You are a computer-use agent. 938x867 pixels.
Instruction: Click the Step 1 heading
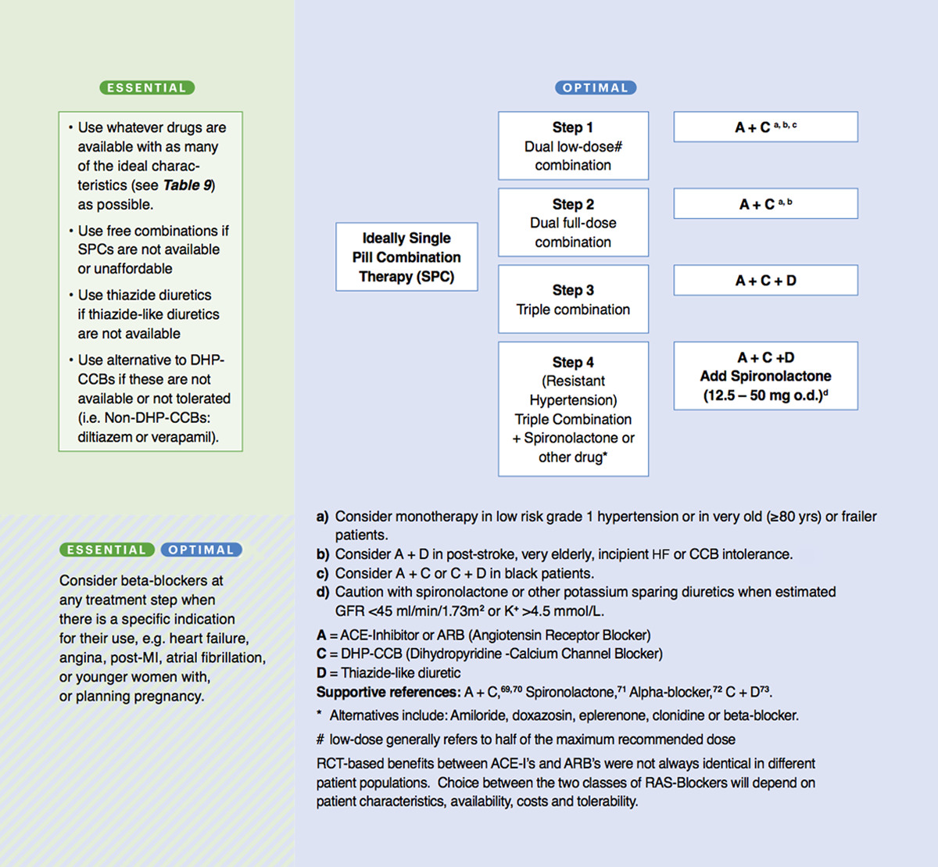click(x=572, y=127)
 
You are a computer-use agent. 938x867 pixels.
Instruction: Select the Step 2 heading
click(x=572, y=204)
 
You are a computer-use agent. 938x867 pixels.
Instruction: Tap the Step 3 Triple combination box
click(x=573, y=299)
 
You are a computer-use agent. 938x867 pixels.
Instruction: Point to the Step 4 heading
click(x=572, y=362)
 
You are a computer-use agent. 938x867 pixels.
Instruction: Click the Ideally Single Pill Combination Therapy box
click(x=406, y=257)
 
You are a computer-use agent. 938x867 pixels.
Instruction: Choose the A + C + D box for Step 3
click(x=765, y=281)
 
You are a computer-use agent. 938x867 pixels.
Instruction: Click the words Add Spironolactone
click(x=765, y=376)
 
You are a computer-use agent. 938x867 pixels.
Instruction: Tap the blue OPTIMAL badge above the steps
click(x=596, y=88)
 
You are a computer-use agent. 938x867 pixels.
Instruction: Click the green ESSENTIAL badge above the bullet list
click(x=147, y=88)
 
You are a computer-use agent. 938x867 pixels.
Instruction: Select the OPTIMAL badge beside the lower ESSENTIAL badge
click(x=201, y=550)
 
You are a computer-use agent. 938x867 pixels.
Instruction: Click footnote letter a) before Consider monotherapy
click(x=322, y=517)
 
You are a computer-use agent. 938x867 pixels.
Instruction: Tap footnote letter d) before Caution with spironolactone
click(x=322, y=593)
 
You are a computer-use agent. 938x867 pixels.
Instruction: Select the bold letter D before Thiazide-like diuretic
click(x=321, y=673)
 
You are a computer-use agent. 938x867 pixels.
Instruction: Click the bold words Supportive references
click(x=388, y=692)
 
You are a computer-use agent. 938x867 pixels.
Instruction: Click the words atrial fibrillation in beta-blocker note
click(x=215, y=657)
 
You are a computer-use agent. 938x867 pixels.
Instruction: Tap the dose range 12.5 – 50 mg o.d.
click(x=762, y=396)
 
